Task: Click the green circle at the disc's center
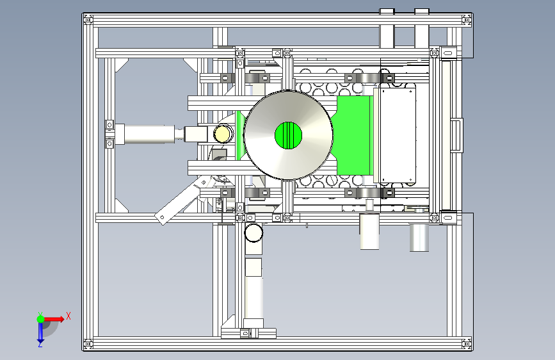click(x=288, y=135)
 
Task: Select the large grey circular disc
click(x=288, y=135)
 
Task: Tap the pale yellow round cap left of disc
click(x=223, y=134)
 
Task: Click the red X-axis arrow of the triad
click(x=53, y=319)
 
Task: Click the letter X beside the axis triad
click(x=68, y=316)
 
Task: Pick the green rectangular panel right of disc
click(x=353, y=135)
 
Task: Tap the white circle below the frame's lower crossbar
click(x=253, y=233)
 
